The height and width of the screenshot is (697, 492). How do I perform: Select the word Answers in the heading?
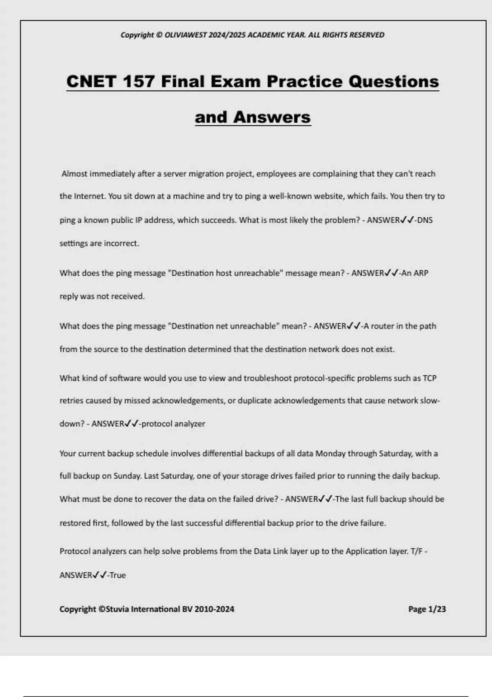pos(272,117)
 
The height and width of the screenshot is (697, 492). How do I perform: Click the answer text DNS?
pos(425,220)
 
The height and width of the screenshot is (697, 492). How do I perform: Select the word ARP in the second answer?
pos(421,273)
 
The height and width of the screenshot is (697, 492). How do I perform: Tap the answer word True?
pos(118,575)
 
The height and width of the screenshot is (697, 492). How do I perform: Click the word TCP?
pos(429,378)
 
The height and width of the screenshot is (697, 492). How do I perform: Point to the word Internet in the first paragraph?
pos(90,196)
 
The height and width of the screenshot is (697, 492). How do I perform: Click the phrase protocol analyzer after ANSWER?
pos(173,424)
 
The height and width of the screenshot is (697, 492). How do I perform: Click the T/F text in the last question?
pos(416,551)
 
